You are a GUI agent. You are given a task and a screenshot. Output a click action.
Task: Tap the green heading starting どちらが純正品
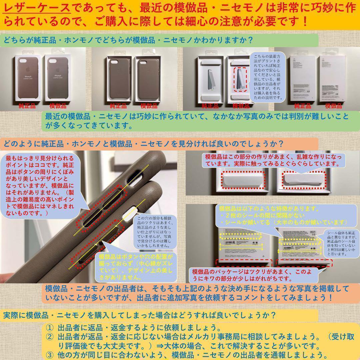click(128, 40)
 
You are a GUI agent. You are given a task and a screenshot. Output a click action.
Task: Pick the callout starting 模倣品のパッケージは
click(253, 275)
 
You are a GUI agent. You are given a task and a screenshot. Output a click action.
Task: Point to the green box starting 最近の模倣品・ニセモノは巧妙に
click(197, 121)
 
